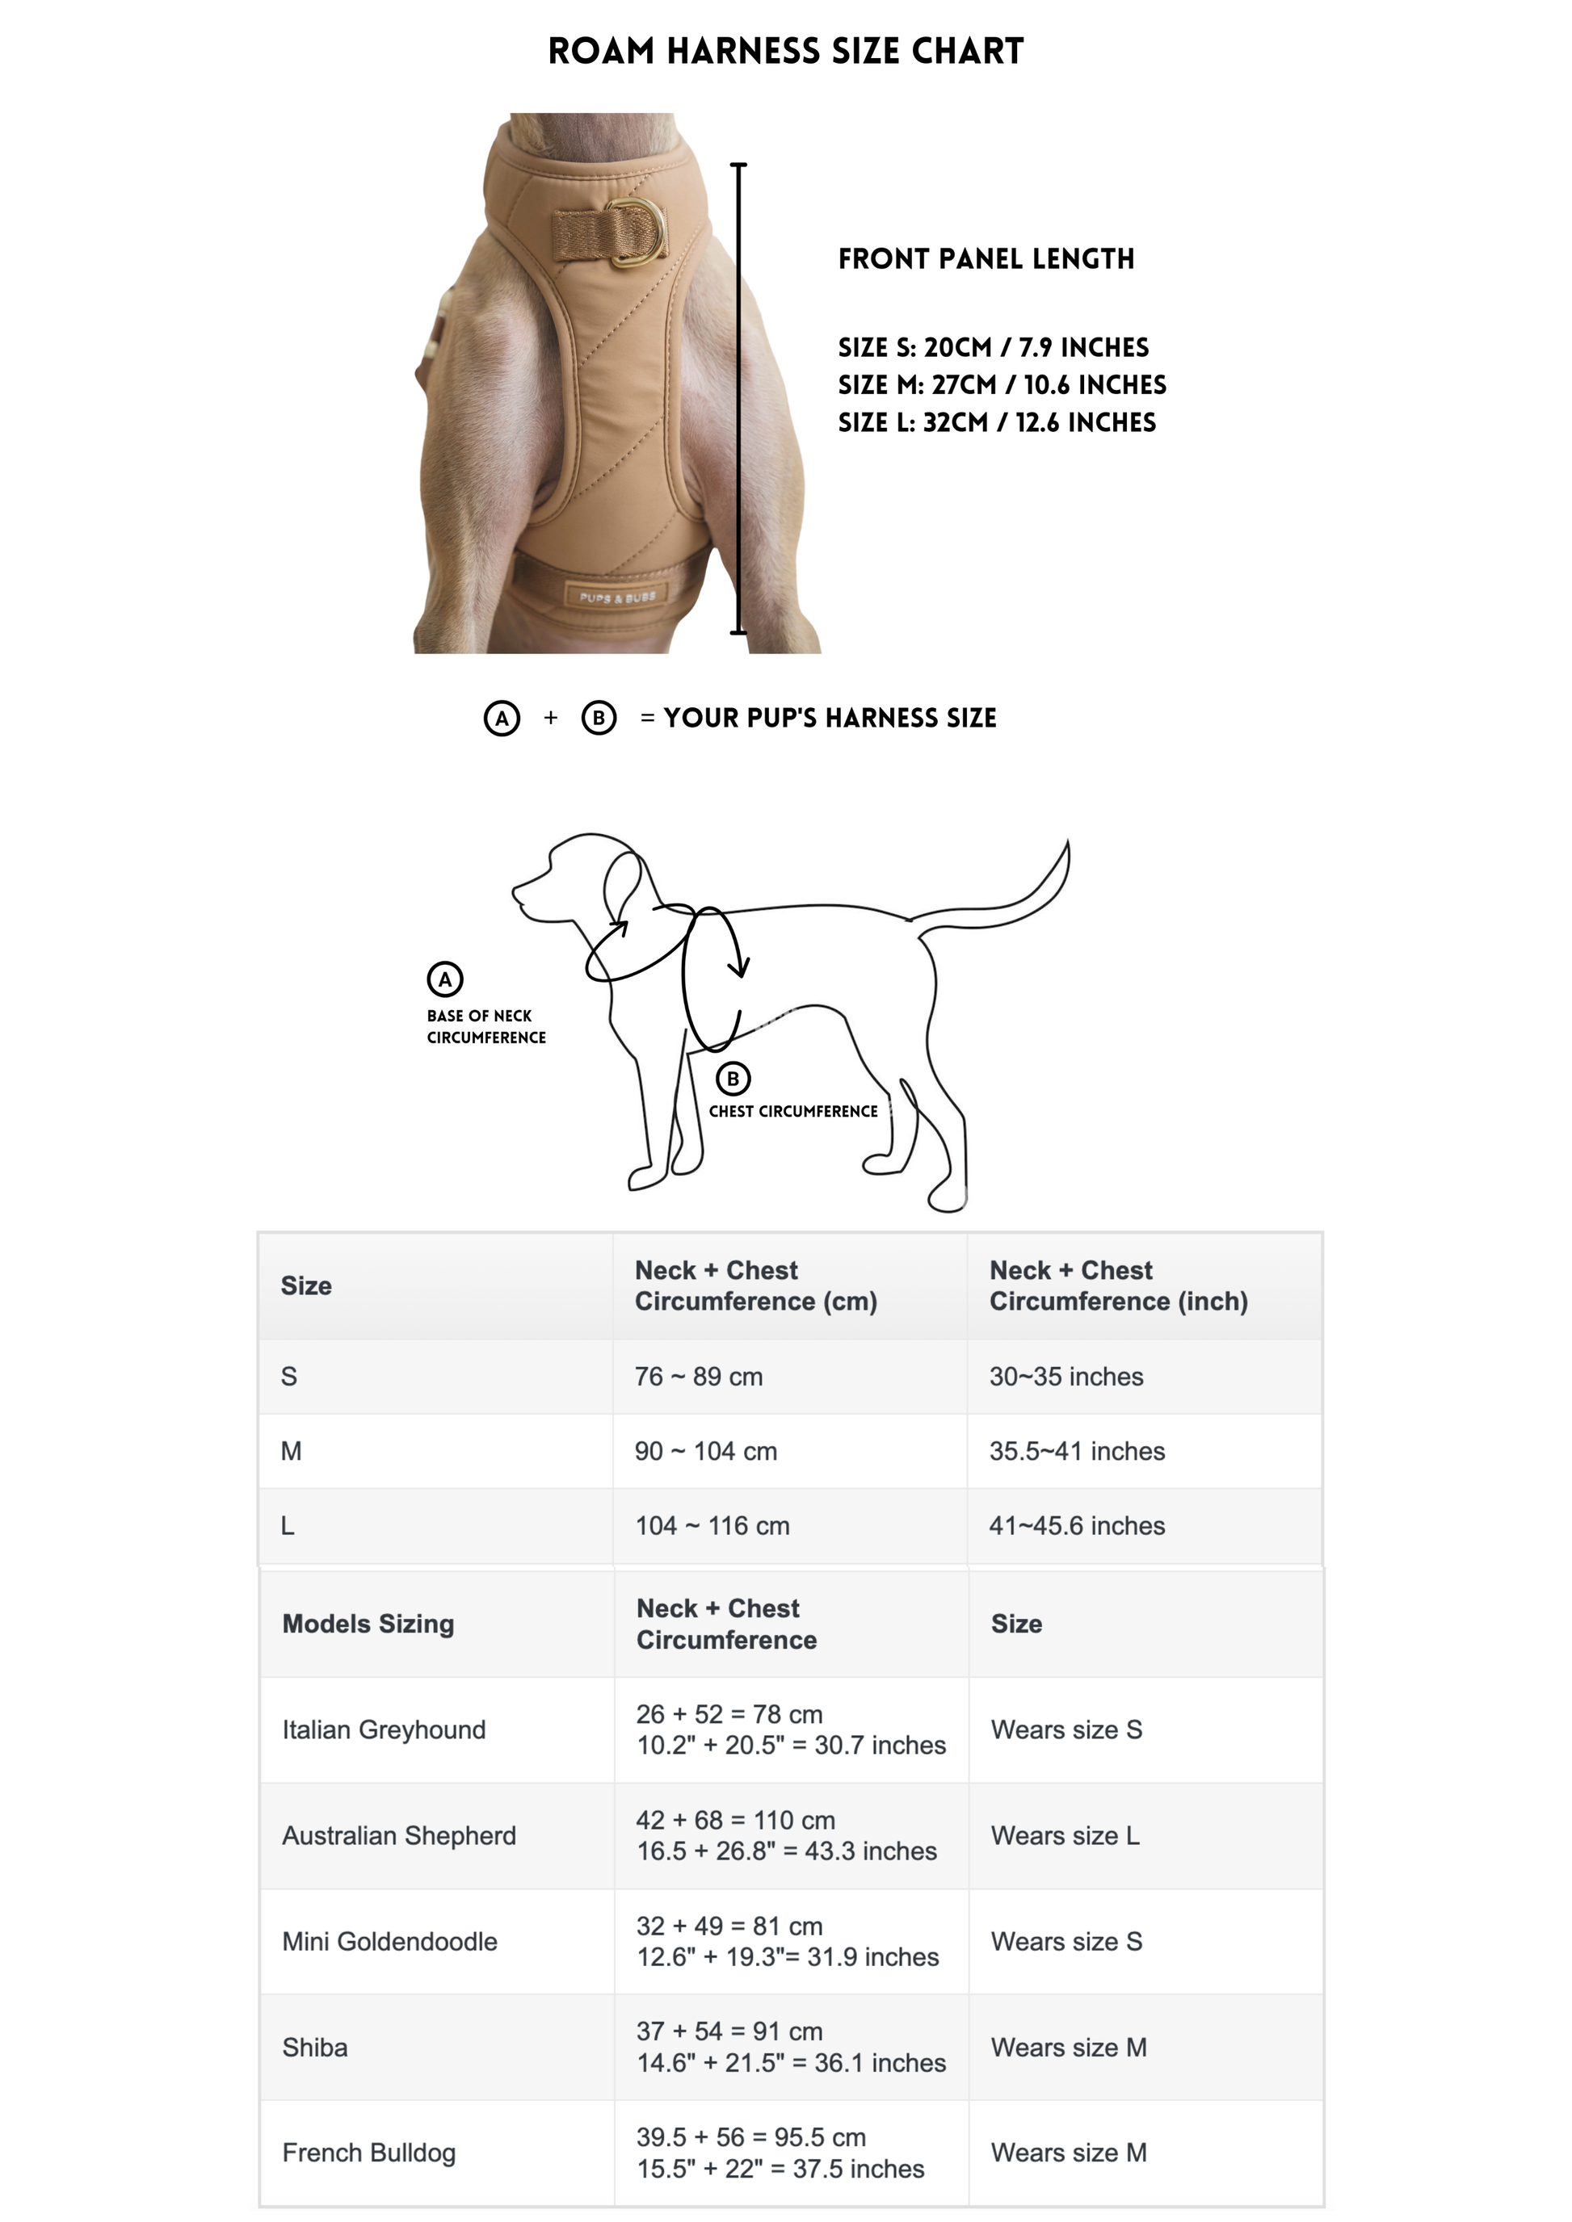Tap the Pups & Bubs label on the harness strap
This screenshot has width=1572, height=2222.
click(x=617, y=597)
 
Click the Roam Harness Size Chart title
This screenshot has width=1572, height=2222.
click(x=785, y=52)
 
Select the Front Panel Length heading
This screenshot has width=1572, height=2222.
click(x=986, y=259)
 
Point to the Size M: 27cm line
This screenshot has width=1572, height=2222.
click(x=1001, y=385)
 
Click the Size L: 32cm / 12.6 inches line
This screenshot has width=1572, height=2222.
click(x=996, y=423)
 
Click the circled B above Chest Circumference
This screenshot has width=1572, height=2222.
click(x=733, y=1078)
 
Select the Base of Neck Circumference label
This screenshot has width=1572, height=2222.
click(x=486, y=1027)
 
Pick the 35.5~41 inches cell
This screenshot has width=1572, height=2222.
click(x=1076, y=1451)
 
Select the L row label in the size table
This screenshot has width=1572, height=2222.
click(x=288, y=1525)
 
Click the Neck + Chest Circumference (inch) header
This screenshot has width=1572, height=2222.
click(x=1118, y=1285)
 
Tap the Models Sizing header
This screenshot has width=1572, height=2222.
click(x=368, y=1623)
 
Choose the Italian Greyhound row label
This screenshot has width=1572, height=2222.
click(x=384, y=1729)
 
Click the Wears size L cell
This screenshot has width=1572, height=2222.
click(x=1065, y=1835)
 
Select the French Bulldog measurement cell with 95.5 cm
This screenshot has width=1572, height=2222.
click(x=780, y=2153)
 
